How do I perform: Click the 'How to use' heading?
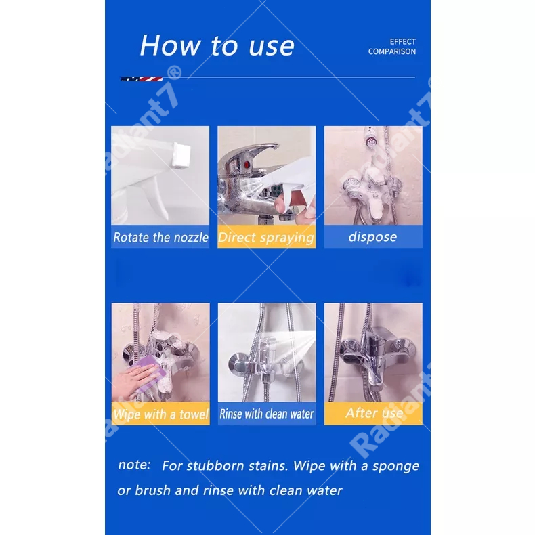(x=217, y=45)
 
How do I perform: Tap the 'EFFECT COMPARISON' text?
(x=392, y=47)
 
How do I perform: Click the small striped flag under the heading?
(x=142, y=79)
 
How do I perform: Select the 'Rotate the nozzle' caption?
(x=160, y=237)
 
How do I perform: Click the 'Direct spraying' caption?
(x=266, y=238)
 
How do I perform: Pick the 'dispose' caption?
(x=372, y=237)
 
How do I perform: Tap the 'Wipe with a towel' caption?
(x=160, y=414)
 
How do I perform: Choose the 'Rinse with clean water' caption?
(x=266, y=414)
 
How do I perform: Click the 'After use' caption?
(x=374, y=413)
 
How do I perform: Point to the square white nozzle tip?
(x=181, y=155)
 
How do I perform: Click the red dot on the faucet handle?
(x=247, y=165)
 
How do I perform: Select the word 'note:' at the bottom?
(x=134, y=465)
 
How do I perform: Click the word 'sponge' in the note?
(x=395, y=467)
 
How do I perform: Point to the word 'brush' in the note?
(x=152, y=490)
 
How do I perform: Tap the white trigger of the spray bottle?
(x=158, y=200)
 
